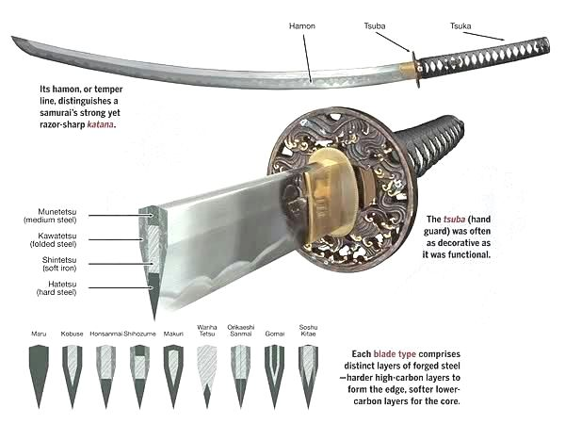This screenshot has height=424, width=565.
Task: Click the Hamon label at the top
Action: tap(301, 25)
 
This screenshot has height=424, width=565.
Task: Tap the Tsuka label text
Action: tap(460, 25)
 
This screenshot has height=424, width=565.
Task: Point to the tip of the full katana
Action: tap(15, 40)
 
